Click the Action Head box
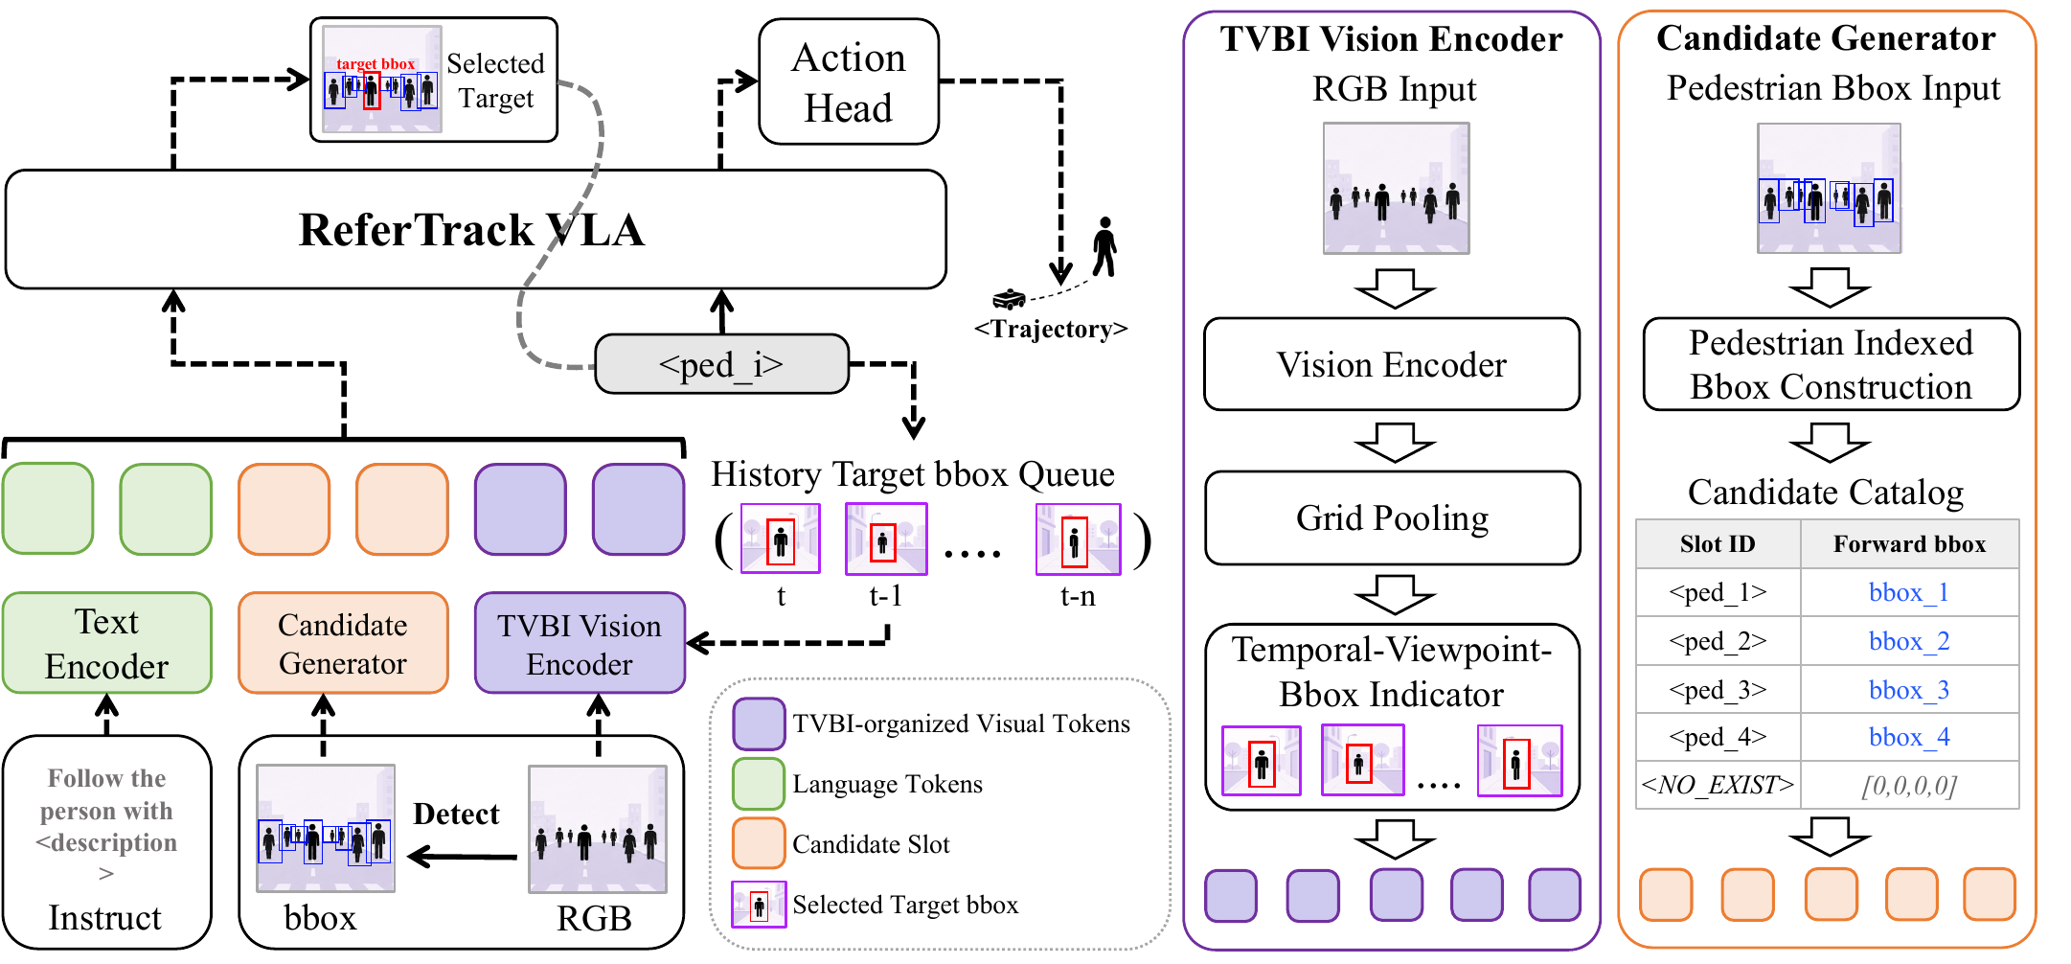[x=848, y=81]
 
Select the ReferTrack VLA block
[x=475, y=230]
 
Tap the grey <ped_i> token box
[x=721, y=364]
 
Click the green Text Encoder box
[x=106, y=643]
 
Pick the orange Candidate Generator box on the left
[x=343, y=643]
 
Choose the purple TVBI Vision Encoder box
[x=580, y=643]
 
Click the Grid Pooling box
[x=1392, y=517]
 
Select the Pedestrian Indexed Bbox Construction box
[x=1831, y=364]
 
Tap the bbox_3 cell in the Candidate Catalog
[x=1909, y=690]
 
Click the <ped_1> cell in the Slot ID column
[x=1718, y=592]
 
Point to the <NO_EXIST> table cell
[x=1718, y=785]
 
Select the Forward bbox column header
[x=1909, y=544]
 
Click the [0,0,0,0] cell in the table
[x=1909, y=786]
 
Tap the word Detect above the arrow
[x=456, y=814]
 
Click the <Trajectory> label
[x=1051, y=329]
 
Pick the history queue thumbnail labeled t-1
[x=886, y=539]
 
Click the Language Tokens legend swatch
[x=759, y=784]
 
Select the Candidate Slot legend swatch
[x=759, y=843]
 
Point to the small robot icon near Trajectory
[x=1009, y=299]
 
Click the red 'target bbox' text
[x=376, y=64]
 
